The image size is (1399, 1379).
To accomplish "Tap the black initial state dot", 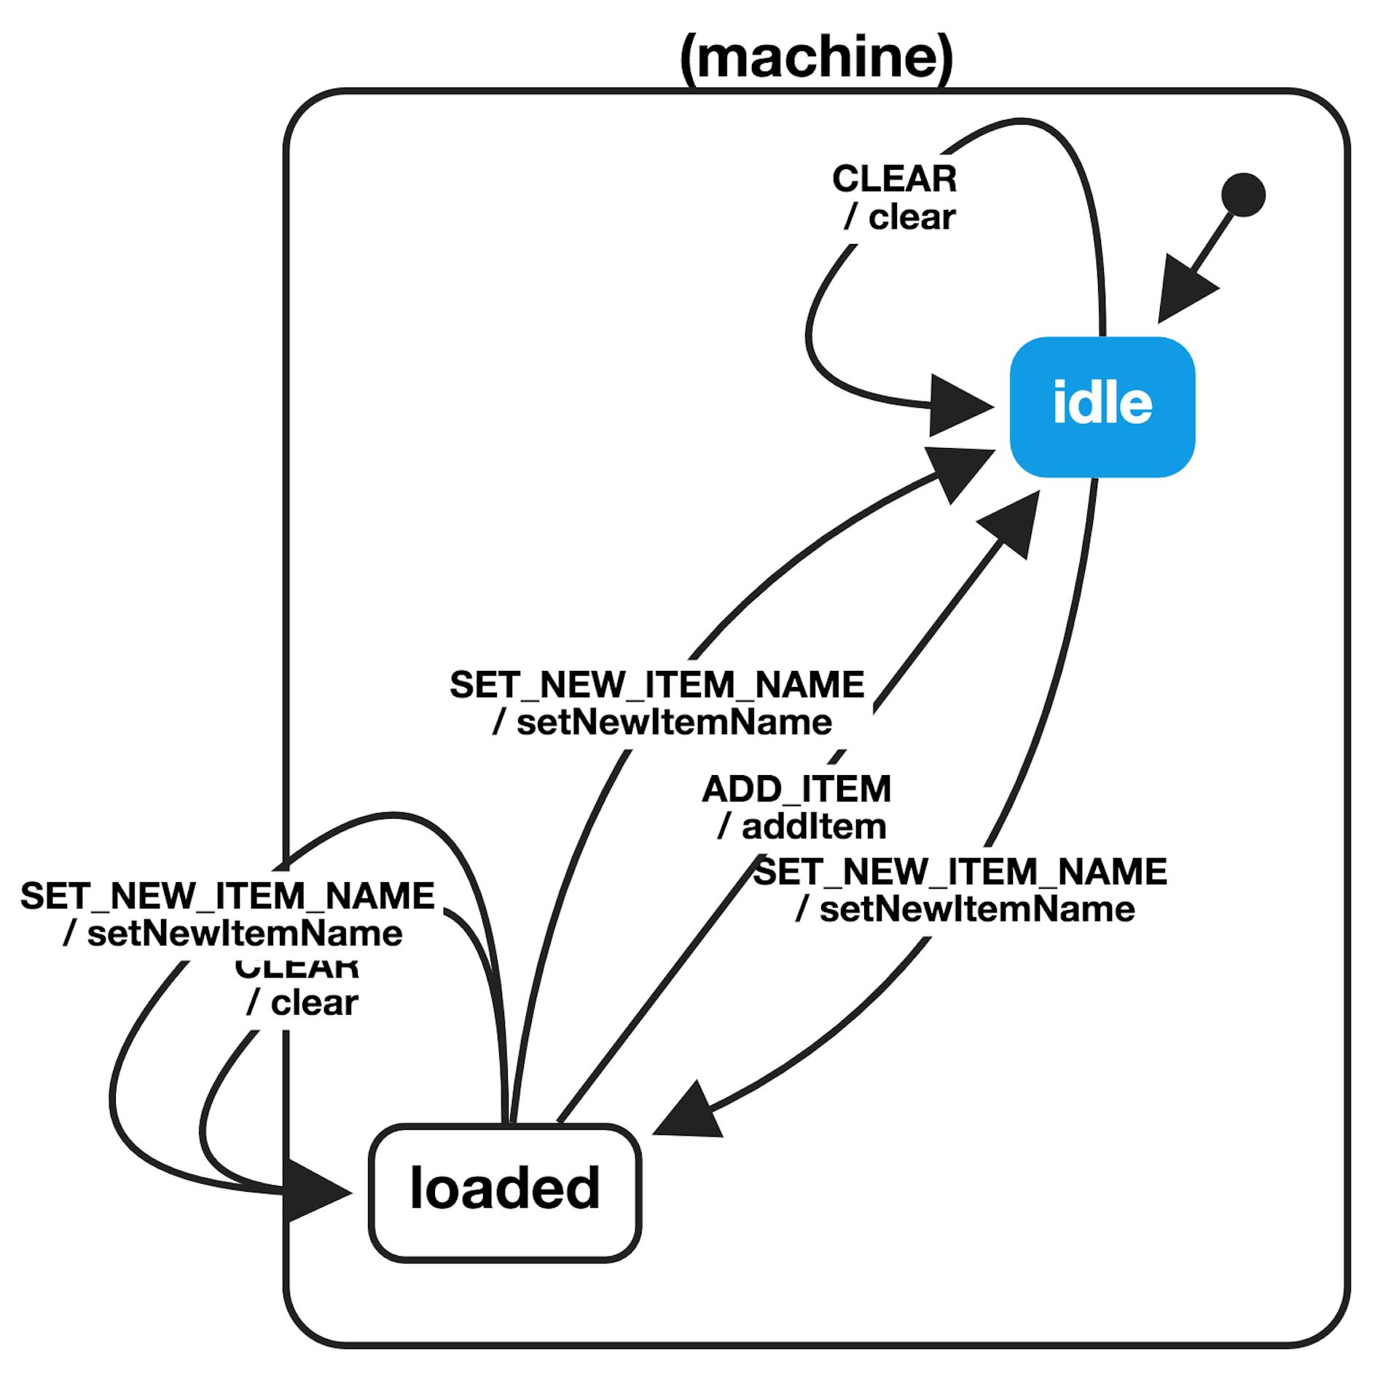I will pos(1244,195).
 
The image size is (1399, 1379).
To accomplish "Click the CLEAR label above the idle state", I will pos(894,179).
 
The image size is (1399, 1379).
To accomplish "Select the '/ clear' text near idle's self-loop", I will pos(900,217).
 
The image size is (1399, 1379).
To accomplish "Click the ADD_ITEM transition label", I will pos(796,789).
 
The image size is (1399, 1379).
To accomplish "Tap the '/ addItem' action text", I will pos(802,826).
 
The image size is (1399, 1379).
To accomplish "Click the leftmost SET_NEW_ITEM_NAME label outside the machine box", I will pos(227,895).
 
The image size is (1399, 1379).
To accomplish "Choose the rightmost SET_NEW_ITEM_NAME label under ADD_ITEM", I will pos(960,871).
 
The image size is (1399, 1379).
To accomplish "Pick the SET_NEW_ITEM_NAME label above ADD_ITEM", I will pos(657,685).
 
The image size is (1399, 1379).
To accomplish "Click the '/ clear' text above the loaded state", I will pos(302,1003).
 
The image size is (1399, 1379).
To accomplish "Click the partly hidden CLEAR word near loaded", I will pos(297,970).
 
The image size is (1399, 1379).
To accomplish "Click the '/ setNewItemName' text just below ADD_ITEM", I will pos(965,909).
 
